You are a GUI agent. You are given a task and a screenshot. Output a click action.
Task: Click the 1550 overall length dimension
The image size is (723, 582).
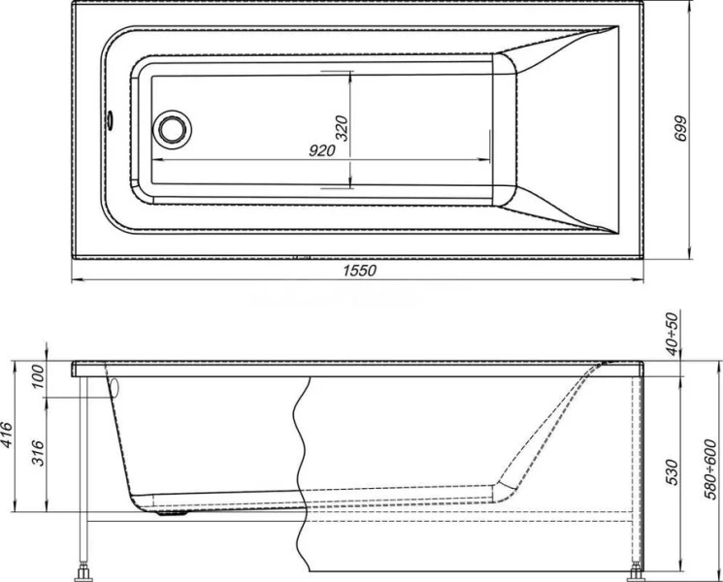click(358, 271)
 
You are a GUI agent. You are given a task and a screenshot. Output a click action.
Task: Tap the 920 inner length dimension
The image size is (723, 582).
click(322, 150)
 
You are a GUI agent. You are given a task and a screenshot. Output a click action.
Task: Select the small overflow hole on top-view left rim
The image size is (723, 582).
click(110, 122)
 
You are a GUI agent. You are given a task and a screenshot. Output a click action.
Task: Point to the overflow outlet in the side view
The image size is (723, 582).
click(113, 387)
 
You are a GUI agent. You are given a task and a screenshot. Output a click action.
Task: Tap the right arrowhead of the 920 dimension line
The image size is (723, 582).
click(492, 161)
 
